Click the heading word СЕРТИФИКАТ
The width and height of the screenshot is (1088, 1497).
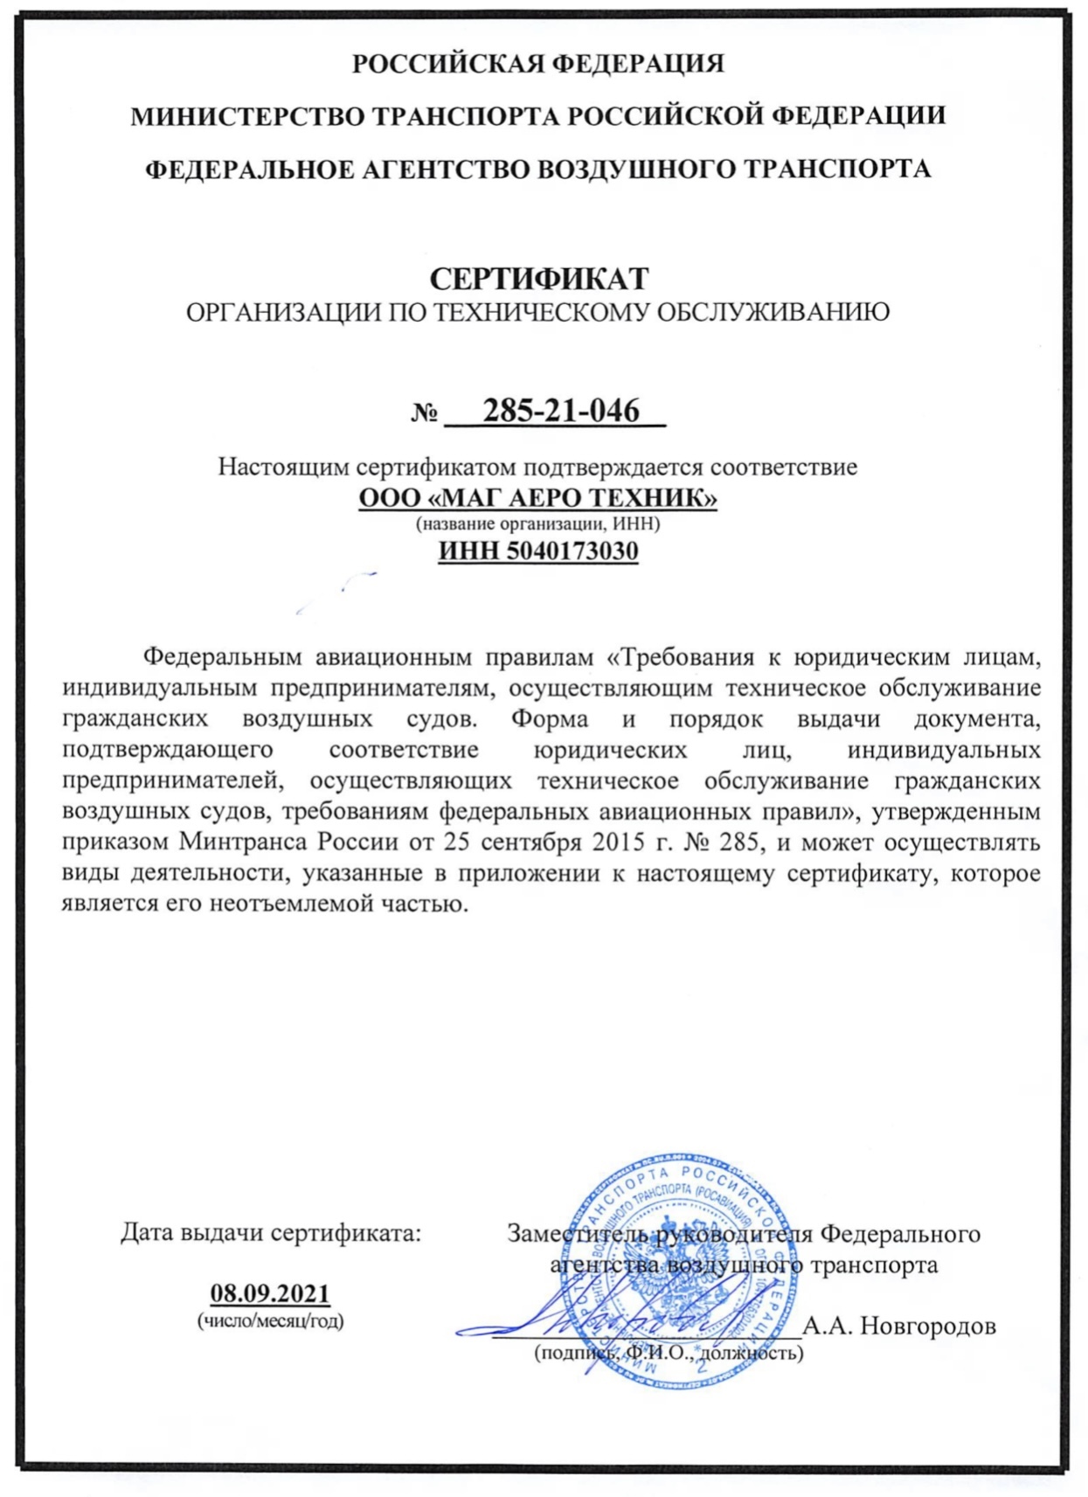tap(538, 279)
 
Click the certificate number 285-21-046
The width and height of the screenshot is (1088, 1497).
tap(561, 410)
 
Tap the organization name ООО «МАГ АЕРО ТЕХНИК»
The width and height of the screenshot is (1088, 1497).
tap(538, 498)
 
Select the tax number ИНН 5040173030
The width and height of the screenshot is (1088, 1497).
tap(538, 551)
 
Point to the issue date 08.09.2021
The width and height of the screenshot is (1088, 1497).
tap(270, 1293)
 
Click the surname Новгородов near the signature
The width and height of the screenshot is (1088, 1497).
tap(927, 1326)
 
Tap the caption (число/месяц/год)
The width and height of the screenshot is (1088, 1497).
tap(270, 1320)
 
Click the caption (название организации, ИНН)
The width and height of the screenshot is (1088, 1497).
tap(538, 523)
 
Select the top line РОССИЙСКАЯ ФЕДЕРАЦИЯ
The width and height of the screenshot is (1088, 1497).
tap(538, 64)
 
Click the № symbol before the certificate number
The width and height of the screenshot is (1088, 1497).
tap(425, 412)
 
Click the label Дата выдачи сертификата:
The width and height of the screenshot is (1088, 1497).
tap(270, 1233)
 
